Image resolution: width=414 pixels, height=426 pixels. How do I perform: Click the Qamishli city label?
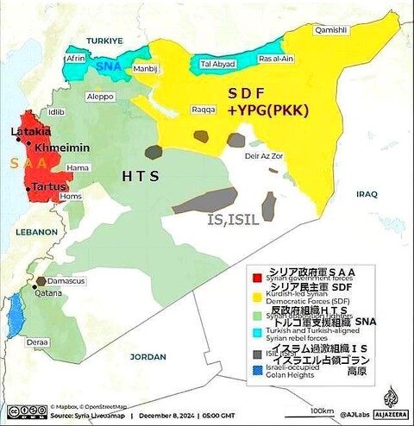tap(332, 29)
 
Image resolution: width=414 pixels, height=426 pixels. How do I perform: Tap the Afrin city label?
tap(76, 58)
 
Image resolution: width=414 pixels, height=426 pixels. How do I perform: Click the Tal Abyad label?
tap(216, 64)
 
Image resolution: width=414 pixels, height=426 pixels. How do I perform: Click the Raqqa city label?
tap(203, 111)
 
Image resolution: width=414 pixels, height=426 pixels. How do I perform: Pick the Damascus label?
tap(67, 281)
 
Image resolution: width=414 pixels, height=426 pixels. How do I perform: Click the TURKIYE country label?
tap(104, 41)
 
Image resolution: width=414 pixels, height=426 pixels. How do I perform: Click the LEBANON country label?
tap(28, 232)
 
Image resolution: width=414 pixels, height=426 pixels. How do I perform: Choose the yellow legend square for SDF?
tap(255, 294)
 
